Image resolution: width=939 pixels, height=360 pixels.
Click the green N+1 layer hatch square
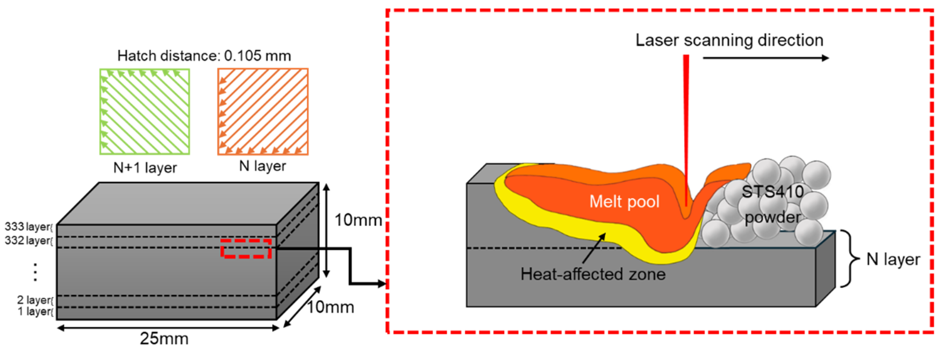tap(145, 112)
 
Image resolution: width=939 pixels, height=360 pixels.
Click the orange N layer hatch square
tap(263, 112)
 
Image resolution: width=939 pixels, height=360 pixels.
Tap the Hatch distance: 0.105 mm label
tap(204, 56)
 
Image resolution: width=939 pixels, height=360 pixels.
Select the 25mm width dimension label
tap(164, 339)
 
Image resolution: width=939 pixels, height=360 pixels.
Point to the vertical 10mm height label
tap(358, 220)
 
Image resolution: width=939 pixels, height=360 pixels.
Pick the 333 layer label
tap(28, 227)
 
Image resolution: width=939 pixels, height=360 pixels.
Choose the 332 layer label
tap(28, 241)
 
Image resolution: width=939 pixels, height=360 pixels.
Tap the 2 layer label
tap(35, 300)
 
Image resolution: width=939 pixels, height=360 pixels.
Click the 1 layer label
tap(35, 312)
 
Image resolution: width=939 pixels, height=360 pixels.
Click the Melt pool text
tap(625, 201)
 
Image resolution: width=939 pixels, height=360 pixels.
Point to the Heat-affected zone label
tap(593, 274)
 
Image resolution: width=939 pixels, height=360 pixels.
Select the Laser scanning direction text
tap(729, 40)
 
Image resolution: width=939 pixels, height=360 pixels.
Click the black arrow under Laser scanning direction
tap(766, 58)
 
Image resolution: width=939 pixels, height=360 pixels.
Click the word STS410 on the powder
tap(772, 192)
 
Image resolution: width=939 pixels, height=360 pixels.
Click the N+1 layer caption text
tap(145, 168)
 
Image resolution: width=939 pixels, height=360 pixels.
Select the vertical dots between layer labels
tap(35, 272)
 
